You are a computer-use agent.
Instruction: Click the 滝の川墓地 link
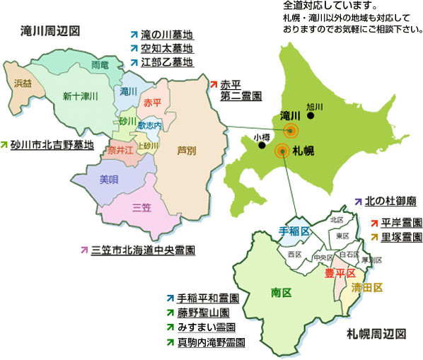[x=166, y=35]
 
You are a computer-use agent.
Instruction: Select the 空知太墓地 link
[x=166, y=48]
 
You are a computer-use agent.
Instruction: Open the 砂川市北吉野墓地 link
[x=52, y=145]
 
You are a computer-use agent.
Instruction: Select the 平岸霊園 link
[x=401, y=222]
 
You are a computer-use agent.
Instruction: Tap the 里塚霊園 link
[x=401, y=236]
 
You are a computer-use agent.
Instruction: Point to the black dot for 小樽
[x=262, y=146]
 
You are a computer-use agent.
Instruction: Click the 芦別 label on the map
[x=187, y=150]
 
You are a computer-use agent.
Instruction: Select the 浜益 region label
[x=23, y=83]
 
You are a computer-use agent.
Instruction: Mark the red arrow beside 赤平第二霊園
[x=214, y=83]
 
